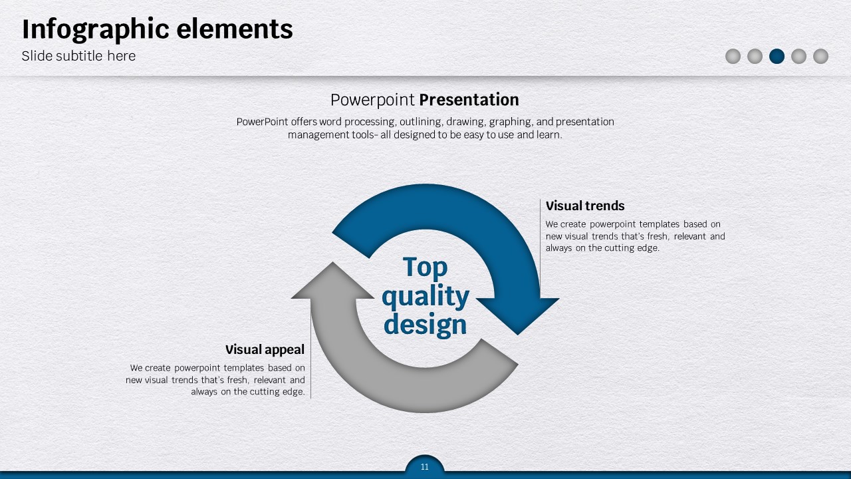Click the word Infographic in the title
pyautogui.click(x=95, y=30)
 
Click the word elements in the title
pyautogui.click(x=235, y=29)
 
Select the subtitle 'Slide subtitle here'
pyautogui.click(x=78, y=56)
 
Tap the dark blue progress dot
pyautogui.click(x=777, y=57)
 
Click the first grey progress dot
pyautogui.click(x=733, y=57)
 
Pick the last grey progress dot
pyautogui.click(x=820, y=57)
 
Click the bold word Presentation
pyautogui.click(x=469, y=100)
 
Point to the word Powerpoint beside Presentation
pyautogui.click(x=372, y=100)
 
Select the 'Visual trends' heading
pyautogui.click(x=585, y=206)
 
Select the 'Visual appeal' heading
pyautogui.click(x=265, y=349)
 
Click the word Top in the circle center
pyautogui.click(x=425, y=267)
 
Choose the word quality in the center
pyautogui.click(x=425, y=296)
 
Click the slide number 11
pyautogui.click(x=425, y=467)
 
